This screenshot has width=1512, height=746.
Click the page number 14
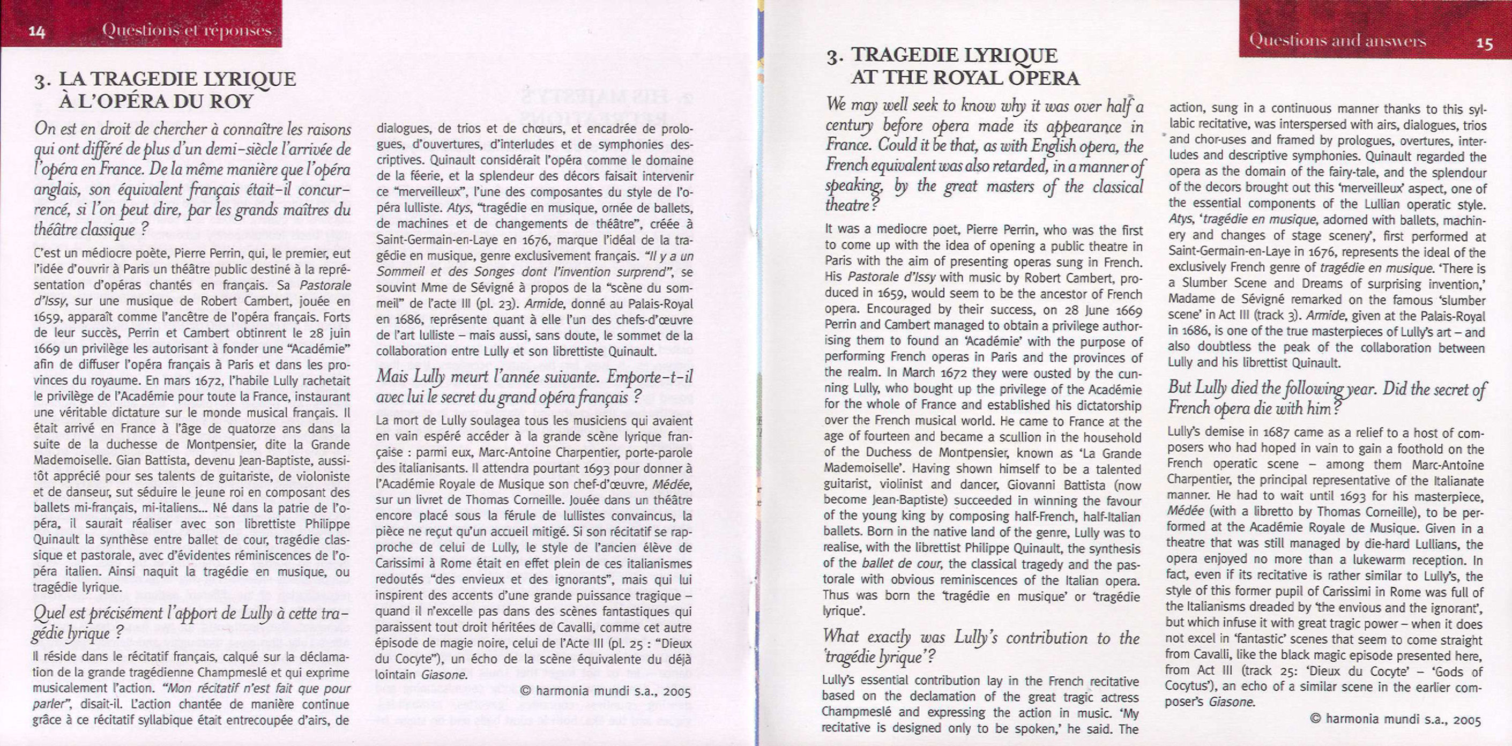coord(37,32)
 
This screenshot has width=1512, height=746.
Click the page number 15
coord(1484,43)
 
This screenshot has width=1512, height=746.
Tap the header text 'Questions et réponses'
coord(187,30)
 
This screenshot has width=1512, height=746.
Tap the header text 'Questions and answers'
coord(1337,41)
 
